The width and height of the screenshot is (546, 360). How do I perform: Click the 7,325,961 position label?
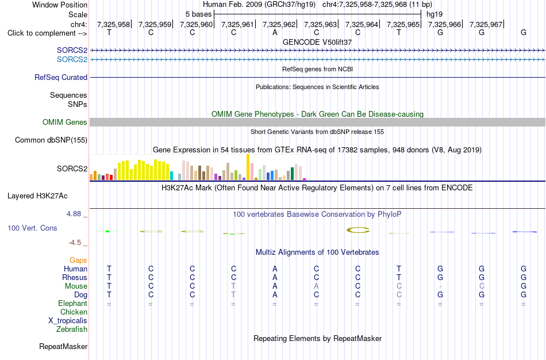click(x=237, y=24)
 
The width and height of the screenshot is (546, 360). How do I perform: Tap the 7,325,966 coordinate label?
click(x=444, y=24)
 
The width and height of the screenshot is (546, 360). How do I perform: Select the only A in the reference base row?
click(x=275, y=32)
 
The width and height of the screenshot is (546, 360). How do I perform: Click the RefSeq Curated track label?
click(x=61, y=78)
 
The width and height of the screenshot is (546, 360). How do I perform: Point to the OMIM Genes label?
click(x=65, y=122)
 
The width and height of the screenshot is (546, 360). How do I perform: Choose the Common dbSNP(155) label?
click(x=51, y=140)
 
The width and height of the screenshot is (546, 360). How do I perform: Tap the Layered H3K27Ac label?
click(x=37, y=196)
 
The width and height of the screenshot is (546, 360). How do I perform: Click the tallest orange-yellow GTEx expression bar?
click(x=248, y=167)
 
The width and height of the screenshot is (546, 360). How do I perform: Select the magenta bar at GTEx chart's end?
click(x=305, y=179)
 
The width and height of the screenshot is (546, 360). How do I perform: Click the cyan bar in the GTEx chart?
click(x=172, y=175)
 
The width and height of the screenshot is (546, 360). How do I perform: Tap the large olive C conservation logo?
click(x=358, y=230)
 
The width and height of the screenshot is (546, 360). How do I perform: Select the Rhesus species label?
click(x=75, y=277)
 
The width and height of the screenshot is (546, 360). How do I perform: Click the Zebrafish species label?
click(x=72, y=329)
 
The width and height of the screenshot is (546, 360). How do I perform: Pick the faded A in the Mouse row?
click(x=316, y=286)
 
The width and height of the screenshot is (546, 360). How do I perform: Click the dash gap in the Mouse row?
click(x=440, y=286)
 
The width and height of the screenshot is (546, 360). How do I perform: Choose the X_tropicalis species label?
click(x=68, y=321)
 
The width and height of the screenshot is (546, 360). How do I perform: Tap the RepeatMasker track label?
click(x=63, y=346)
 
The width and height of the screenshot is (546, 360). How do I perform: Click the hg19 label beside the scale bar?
click(x=435, y=14)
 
